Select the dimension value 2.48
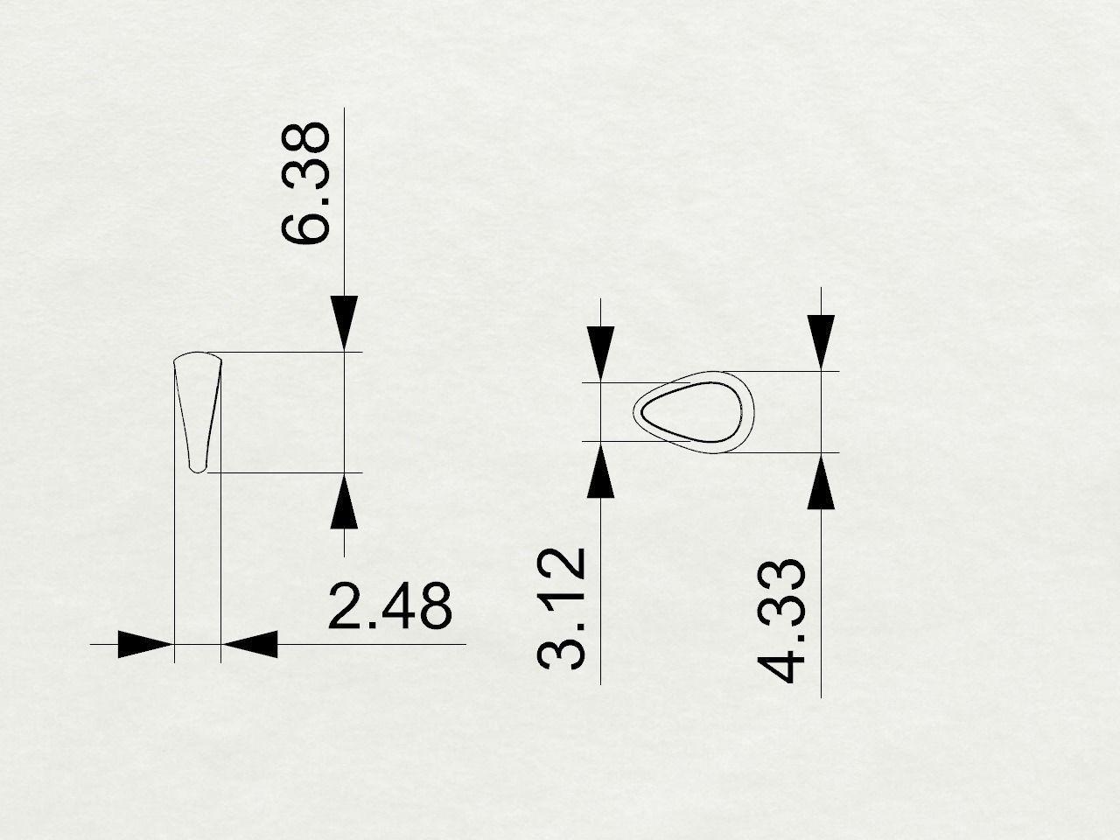coord(390,605)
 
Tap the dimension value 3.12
coord(561,608)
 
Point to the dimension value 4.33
coord(780,620)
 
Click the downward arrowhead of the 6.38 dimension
coord(345,323)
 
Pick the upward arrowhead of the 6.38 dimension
coord(345,500)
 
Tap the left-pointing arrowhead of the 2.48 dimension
coord(250,644)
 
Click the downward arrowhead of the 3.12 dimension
coord(601,353)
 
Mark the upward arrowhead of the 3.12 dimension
coord(601,471)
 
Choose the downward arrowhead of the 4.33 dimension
coord(821,341)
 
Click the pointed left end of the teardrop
coord(635,409)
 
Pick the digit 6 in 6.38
coord(306,223)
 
